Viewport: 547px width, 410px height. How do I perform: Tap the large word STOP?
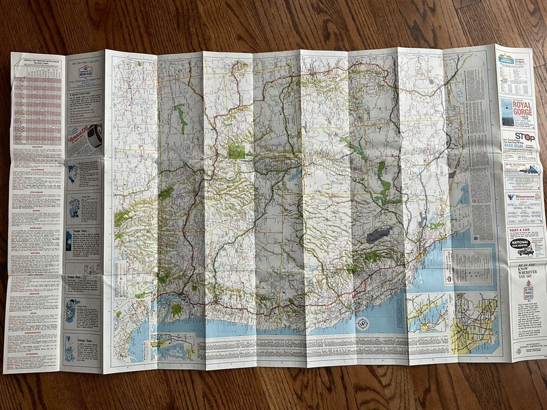click(524, 137)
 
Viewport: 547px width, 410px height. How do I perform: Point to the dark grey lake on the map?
click(379, 234)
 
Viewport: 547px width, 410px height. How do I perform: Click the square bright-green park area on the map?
click(236, 151)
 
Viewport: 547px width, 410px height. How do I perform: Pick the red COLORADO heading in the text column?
click(34, 193)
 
